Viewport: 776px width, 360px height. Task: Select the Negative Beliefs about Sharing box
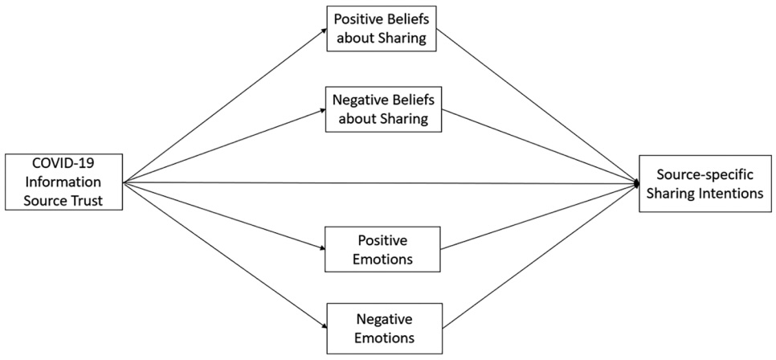coord(382,108)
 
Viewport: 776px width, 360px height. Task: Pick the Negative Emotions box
coord(383,326)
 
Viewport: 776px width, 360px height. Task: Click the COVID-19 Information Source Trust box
coord(63,182)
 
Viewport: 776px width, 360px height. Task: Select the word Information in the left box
coord(63,182)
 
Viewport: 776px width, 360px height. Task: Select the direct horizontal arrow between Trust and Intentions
coord(378,183)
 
